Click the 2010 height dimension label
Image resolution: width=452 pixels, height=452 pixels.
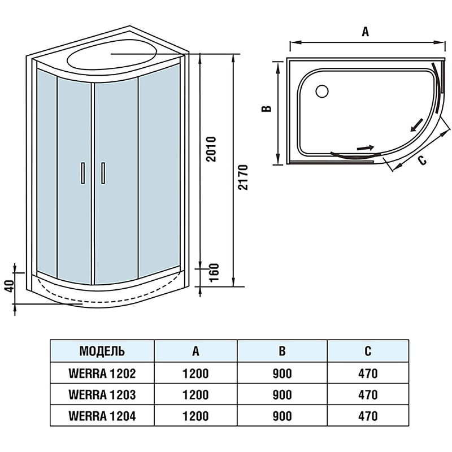point(211,149)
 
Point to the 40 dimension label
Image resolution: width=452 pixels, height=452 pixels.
point(8,286)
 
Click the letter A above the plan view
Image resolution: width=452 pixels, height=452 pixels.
point(366,32)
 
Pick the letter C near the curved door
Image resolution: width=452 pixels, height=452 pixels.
point(421,160)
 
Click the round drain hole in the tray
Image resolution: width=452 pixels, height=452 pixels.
point(323,90)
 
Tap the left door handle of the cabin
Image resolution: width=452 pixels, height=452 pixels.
point(82,173)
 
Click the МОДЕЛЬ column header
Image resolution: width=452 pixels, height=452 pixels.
point(102,351)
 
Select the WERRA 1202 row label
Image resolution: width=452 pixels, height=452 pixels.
point(102,373)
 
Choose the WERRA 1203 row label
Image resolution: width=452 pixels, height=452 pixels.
point(102,394)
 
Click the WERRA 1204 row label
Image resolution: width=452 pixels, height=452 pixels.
point(102,416)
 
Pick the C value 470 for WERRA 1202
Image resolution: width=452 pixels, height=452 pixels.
point(367,373)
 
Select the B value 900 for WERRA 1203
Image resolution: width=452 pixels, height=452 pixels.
point(281,394)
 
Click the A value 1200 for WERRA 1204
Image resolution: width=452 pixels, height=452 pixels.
point(195,416)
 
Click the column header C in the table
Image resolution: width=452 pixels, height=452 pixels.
point(367,351)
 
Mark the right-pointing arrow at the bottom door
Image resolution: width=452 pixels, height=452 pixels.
point(366,148)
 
